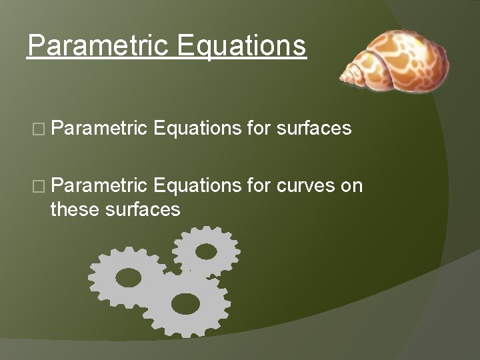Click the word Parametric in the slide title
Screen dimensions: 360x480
coord(95,46)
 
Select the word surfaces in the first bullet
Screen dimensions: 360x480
coord(312,128)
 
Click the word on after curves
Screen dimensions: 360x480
coord(351,185)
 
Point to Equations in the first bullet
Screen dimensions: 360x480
coord(196,128)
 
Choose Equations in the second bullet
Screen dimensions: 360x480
coord(196,185)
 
